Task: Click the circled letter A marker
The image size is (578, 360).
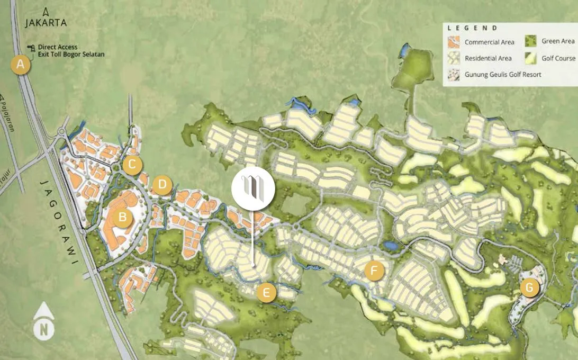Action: point(21,65)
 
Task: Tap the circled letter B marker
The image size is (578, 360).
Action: point(122,217)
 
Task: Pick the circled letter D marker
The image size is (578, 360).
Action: point(162,186)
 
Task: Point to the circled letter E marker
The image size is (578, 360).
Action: point(266,292)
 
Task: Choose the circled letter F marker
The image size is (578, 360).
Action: point(374,271)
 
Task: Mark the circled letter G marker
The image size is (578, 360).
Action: point(529,288)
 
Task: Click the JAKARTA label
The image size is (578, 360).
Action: point(46,23)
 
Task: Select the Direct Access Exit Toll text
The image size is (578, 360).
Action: point(71,51)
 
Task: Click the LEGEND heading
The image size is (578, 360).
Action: point(473,28)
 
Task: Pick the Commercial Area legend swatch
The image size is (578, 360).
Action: point(454,42)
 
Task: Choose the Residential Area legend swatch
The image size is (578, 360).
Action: point(454,58)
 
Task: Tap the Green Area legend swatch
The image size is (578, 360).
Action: point(531,41)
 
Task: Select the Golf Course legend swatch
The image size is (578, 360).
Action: point(531,58)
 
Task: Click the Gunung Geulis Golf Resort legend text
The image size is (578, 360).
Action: point(503,75)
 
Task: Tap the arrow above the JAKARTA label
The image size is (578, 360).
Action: point(46,11)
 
